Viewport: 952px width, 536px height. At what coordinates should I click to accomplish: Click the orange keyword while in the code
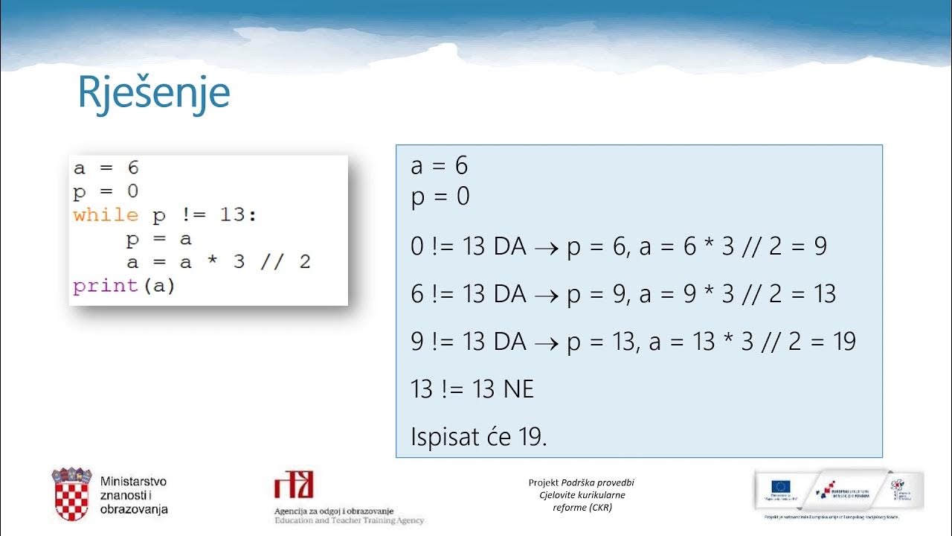point(106,216)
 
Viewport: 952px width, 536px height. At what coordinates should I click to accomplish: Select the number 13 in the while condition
point(237,216)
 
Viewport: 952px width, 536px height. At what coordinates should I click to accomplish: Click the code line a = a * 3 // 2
point(218,262)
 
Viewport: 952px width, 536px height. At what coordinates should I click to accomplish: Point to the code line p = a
point(159,239)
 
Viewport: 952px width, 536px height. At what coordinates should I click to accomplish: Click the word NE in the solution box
point(518,389)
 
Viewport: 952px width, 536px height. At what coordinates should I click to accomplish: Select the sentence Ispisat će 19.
point(478,437)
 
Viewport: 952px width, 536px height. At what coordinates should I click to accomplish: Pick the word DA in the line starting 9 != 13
point(509,342)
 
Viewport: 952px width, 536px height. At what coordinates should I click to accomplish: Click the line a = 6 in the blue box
point(439,166)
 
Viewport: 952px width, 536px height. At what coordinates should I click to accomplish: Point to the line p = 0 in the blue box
point(440,197)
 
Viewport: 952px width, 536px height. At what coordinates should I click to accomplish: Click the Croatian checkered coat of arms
point(71,494)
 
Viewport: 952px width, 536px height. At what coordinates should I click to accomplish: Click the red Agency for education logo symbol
point(294,485)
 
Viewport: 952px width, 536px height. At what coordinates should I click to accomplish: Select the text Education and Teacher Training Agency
point(349,520)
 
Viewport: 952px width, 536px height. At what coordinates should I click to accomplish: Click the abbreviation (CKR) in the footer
point(599,508)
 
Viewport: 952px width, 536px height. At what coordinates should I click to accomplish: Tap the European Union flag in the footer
point(780,486)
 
